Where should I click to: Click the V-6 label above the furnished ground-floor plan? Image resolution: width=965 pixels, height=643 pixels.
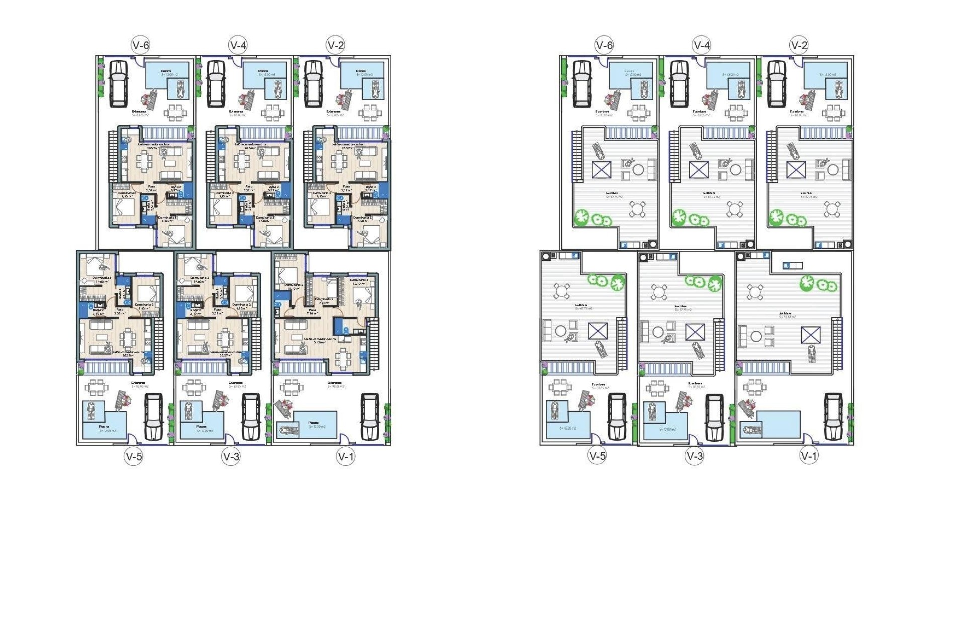(x=140, y=45)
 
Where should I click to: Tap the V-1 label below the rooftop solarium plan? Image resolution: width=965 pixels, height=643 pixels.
(x=809, y=456)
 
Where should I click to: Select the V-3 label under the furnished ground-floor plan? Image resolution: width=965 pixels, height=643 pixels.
(x=231, y=456)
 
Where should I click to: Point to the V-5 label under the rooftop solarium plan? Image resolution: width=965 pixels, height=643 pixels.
(x=597, y=456)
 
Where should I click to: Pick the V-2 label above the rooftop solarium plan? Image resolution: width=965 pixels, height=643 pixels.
(x=799, y=45)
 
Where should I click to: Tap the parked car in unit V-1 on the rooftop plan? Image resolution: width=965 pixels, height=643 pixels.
(x=833, y=416)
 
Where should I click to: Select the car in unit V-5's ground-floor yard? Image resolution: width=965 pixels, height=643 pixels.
(x=153, y=416)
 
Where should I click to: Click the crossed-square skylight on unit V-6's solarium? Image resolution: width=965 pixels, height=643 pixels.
(x=601, y=170)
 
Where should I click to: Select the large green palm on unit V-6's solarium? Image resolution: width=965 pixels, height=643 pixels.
(x=582, y=217)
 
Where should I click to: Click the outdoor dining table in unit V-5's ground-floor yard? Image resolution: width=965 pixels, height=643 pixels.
(x=95, y=387)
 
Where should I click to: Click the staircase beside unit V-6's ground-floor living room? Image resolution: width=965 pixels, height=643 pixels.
(x=113, y=156)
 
